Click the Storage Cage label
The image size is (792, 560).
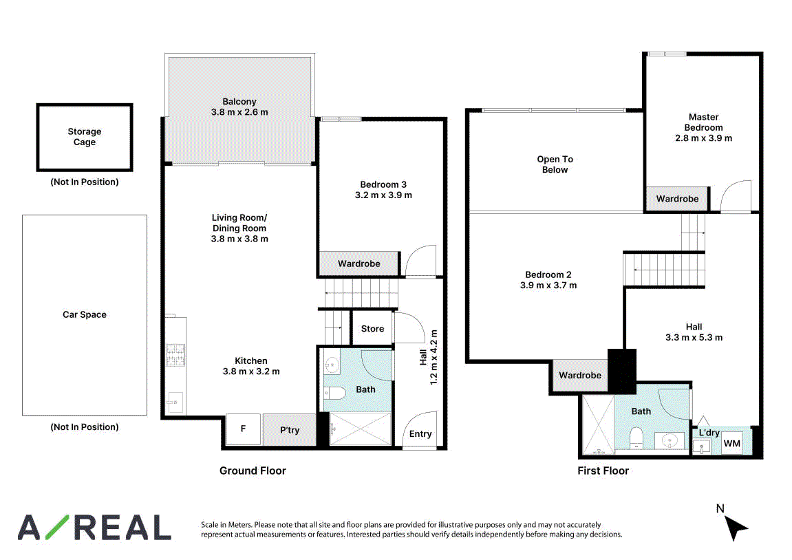(x=85, y=137)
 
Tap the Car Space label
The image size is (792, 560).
(x=85, y=314)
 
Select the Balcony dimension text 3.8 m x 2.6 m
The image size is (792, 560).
(x=239, y=112)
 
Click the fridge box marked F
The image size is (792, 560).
(x=243, y=429)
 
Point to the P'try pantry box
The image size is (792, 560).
(x=290, y=430)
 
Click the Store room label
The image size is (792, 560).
(x=373, y=329)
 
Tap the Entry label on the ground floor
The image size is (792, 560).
(x=420, y=434)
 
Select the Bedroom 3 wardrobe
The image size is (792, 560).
(x=359, y=263)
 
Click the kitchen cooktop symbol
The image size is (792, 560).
(x=175, y=354)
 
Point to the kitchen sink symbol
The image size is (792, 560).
(x=175, y=402)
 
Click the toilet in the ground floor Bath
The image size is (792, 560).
(x=334, y=393)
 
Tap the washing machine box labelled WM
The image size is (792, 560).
(x=732, y=443)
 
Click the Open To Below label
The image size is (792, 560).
(x=555, y=164)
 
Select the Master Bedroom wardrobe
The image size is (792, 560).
(x=677, y=199)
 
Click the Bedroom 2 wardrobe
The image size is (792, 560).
(x=580, y=375)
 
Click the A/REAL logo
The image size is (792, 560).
(x=94, y=528)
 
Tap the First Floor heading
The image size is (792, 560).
(x=603, y=471)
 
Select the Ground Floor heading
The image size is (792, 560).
(x=253, y=471)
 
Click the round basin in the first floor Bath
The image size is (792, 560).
(x=670, y=441)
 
